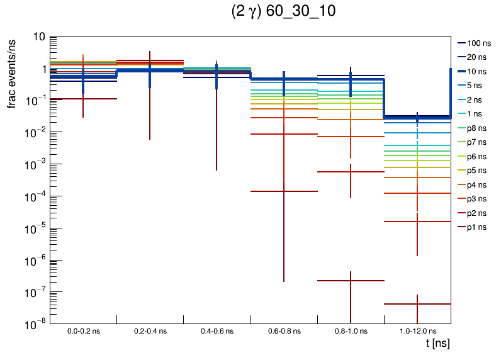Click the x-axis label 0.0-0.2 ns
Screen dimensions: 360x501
point(83,331)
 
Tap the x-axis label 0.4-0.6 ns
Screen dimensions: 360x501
point(217,331)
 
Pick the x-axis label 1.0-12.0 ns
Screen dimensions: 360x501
point(417,331)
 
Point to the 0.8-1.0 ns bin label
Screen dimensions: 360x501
point(351,331)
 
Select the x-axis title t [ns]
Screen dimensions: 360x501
point(437,344)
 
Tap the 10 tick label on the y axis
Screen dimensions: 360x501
point(39,37)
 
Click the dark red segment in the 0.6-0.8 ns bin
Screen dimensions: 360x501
point(284,191)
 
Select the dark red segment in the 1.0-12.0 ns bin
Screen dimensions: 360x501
point(417,304)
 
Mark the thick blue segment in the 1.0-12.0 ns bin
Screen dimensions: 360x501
point(417,117)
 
